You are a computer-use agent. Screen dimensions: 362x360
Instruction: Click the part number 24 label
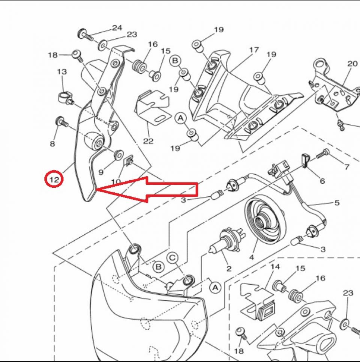tap(117, 28)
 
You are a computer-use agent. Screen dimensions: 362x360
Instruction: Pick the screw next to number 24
tap(86, 36)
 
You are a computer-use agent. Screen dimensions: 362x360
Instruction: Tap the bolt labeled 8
tap(60, 122)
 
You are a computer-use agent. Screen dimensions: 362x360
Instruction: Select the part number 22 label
tap(148, 141)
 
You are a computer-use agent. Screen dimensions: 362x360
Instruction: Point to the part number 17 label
tap(254, 50)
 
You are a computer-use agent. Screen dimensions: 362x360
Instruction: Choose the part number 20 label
tap(352, 63)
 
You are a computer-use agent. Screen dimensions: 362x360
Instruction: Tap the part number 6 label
tap(322, 181)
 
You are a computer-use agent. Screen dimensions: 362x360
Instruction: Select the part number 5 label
tap(337, 203)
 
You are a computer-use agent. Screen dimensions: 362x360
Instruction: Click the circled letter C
tap(172, 258)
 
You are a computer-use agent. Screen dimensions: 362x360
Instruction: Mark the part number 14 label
tap(275, 267)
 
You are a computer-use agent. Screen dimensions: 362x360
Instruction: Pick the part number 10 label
tap(116, 182)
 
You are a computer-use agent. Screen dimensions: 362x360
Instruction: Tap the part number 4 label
tap(251, 258)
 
